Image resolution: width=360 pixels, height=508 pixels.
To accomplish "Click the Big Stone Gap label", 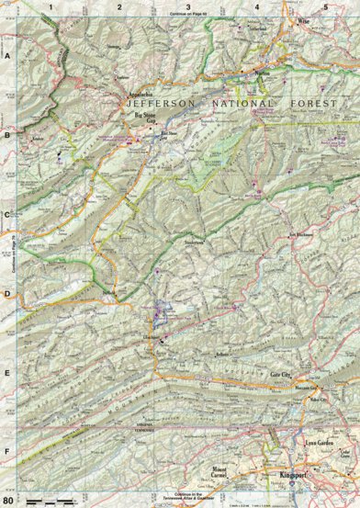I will click(139, 120).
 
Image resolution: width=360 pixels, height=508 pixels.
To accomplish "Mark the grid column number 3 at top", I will click(188, 6).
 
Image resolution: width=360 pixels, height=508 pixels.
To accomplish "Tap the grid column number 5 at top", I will click(325, 6).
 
